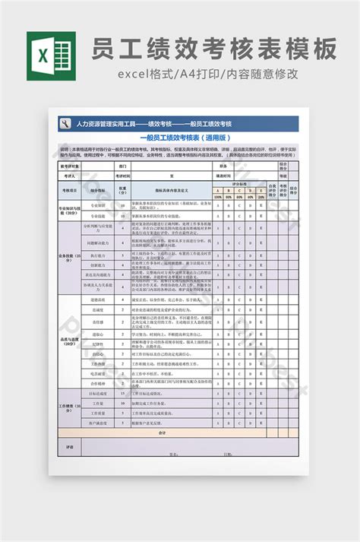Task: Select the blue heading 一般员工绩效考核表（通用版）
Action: click(180, 138)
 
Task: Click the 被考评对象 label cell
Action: click(70, 165)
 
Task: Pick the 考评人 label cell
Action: click(70, 174)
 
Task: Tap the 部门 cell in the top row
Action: click(123, 165)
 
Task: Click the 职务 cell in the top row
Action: click(223, 165)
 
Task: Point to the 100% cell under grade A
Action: click(218, 196)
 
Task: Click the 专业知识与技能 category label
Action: click(70, 211)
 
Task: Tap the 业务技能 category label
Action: click(70, 257)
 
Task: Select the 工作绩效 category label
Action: click(70, 407)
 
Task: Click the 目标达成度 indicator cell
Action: click(98, 394)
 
